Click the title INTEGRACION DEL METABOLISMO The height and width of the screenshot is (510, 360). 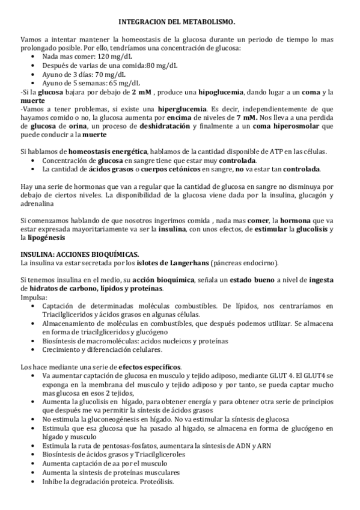pyautogui.click(x=180, y=20)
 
